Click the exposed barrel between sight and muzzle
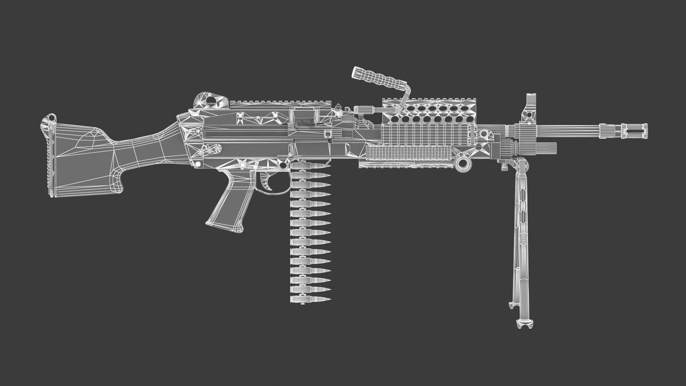pos(579,131)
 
